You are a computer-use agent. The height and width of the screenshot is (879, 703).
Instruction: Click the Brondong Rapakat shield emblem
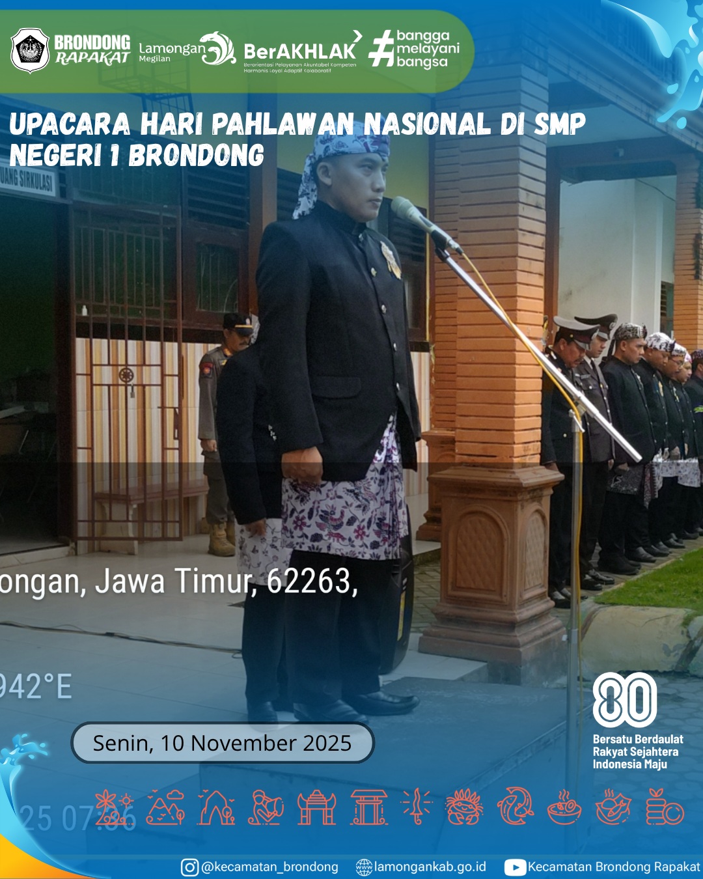click(30, 50)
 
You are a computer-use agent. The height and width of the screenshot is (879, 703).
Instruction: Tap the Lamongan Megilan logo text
click(172, 51)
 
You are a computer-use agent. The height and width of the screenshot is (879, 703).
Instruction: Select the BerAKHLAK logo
click(299, 52)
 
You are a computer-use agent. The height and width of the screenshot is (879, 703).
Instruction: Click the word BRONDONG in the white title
click(196, 156)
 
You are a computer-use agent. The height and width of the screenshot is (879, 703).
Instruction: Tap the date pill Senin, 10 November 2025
click(222, 743)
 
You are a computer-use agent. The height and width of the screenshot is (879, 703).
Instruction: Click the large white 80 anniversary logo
click(624, 700)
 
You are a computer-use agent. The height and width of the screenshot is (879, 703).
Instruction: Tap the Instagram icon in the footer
click(189, 867)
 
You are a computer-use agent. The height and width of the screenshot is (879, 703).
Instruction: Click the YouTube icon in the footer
click(515, 867)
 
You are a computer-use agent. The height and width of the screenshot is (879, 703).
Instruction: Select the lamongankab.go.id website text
click(430, 867)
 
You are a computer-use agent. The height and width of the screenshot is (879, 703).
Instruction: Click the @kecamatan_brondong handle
click(269, 867)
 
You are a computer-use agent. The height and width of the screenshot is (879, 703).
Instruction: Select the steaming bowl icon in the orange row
click(564, 808)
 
